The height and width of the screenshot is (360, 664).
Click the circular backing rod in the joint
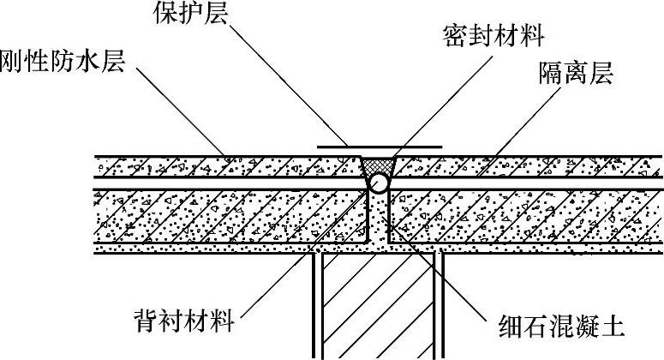tap(379, 183)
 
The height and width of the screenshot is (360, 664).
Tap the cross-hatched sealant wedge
tap(378, 164)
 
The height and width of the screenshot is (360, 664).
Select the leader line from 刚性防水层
tap(180, 111)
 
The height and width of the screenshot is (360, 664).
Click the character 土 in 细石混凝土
tap(611, 327)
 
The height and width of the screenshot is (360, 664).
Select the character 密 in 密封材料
tap(457, 36)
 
